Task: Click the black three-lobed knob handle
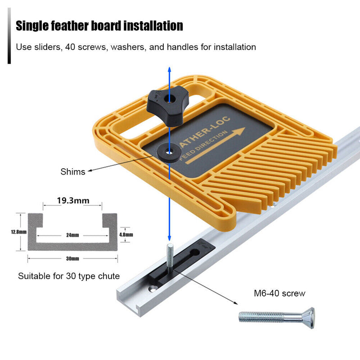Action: click(167, 107)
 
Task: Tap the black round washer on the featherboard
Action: click(170, 153)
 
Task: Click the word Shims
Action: click(73, 172)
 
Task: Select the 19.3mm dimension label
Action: click(73, 200)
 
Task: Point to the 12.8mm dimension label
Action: click(18, 232)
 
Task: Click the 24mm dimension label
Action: click(72, 235)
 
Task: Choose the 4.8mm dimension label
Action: click(126, 234)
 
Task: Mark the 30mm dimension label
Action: click(72, 258)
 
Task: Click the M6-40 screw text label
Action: click(279, 293)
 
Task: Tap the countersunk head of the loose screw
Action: click(309, 318)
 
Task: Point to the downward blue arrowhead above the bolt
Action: click(170, 238)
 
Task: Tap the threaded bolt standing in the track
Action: click(170, 258)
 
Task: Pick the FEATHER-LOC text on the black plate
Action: click(204, 132)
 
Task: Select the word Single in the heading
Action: click(32, 26)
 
